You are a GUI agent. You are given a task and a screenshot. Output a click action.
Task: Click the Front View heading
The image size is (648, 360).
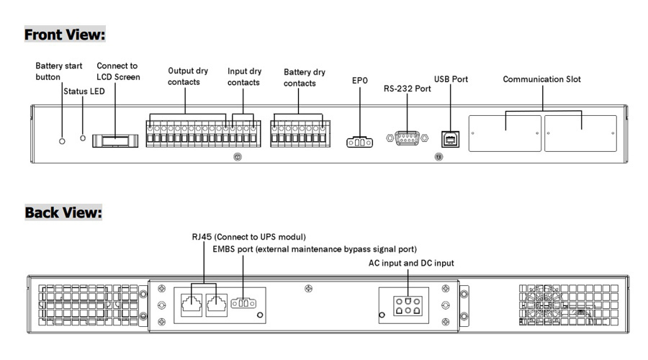(x=65, y=34)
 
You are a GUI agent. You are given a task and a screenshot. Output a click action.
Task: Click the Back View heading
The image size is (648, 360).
(x=63, y=212)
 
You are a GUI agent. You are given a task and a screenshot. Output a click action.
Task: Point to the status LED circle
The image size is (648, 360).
(x=84, y=137)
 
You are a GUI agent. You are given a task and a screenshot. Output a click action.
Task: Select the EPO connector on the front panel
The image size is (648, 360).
(x=360, y=142)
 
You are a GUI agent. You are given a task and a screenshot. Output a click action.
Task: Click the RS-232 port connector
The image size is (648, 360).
(x=407, y=139)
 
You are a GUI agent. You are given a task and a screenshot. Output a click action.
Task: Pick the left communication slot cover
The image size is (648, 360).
(x=505, y=133)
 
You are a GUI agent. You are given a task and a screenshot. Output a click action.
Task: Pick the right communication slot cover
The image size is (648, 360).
(x=580, y=133)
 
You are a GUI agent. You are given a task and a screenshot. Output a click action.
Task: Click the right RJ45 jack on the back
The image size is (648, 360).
(x=216, y=303)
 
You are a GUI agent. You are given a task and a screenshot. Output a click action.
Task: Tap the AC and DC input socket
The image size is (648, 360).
(x=407, y=305)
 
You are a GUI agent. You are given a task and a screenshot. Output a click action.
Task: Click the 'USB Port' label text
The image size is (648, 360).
(x=451, y=79)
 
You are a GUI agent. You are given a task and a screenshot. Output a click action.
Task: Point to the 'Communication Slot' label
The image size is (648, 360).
(x=541, y=79)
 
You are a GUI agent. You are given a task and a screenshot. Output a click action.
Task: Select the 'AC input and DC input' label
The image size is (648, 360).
(x=411, y=264)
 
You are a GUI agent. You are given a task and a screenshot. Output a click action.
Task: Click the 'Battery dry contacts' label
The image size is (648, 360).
(x=305, y=78)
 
